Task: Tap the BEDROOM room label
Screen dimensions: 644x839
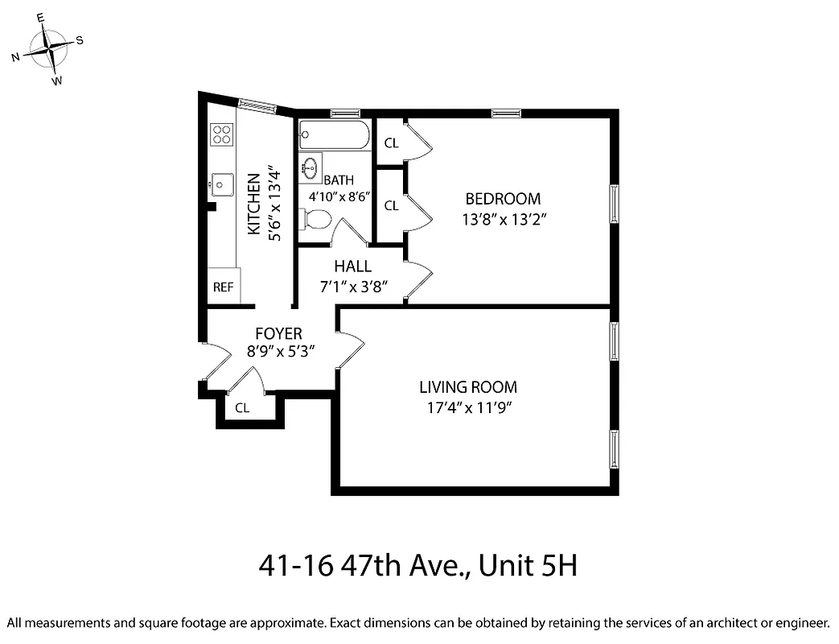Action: coord(503,199)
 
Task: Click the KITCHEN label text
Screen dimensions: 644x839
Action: coord(253,204)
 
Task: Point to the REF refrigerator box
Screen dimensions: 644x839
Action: coord(223,287)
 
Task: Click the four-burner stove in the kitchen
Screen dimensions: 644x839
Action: coord(222,134)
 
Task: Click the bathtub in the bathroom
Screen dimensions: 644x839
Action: coord(333,134)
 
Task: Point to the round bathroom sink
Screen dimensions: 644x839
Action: coord(310,167)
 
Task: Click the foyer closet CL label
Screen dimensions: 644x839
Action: coord(242,408)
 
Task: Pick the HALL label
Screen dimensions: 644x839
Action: coord(353,266)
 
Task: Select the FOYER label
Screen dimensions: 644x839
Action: coord(278,333)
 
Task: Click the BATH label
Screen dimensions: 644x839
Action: coord(339,180)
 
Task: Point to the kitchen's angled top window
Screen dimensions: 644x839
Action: coord(257,105)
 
